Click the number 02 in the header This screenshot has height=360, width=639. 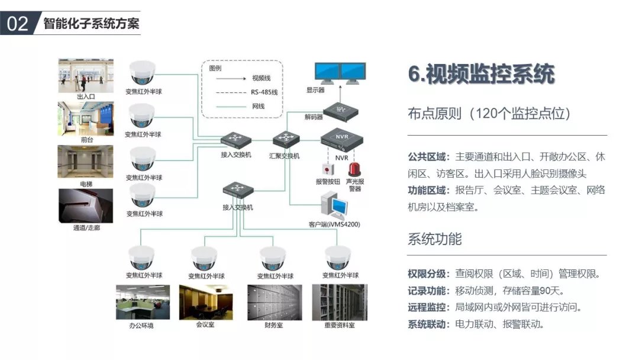pos(18,24)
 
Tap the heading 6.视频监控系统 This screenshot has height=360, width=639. pos(481,75)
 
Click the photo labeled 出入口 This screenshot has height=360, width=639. pos(86,75)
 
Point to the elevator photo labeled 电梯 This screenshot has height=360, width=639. pos(86,162)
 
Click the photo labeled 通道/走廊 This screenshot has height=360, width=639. pos(86,205)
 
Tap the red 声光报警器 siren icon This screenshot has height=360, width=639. pos(355,168)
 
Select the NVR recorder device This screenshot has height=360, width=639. pos(341,140)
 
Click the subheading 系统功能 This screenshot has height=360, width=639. pos(435,239)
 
